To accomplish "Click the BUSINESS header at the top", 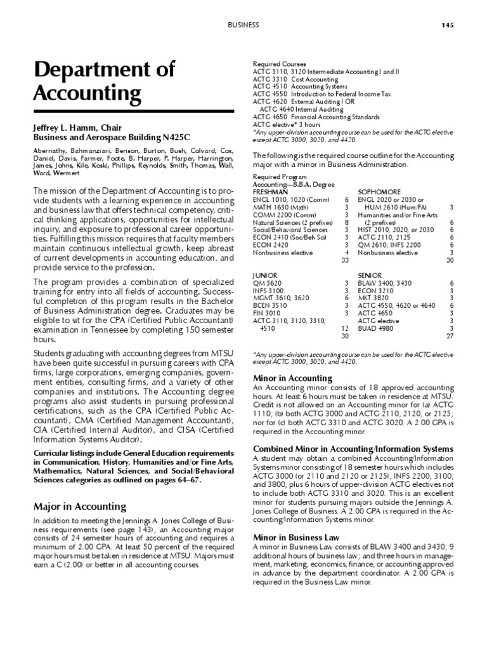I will point(244,25).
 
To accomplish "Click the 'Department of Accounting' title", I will point(104,82).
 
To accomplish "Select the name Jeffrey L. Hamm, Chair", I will point(77,128).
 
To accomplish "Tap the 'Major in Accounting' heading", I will point(79,507).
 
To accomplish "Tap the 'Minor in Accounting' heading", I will point(284,378).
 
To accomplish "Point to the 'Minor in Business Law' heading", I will point(288,537).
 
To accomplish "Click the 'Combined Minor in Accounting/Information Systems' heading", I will point(353,449).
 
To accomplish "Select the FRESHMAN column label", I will point(271,191).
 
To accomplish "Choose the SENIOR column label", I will point(370,274).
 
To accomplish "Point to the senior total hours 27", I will point(449,336).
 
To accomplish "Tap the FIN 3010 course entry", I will point(266,313).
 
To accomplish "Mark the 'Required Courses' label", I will point(280,64).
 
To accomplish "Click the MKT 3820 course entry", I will point(373,298).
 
